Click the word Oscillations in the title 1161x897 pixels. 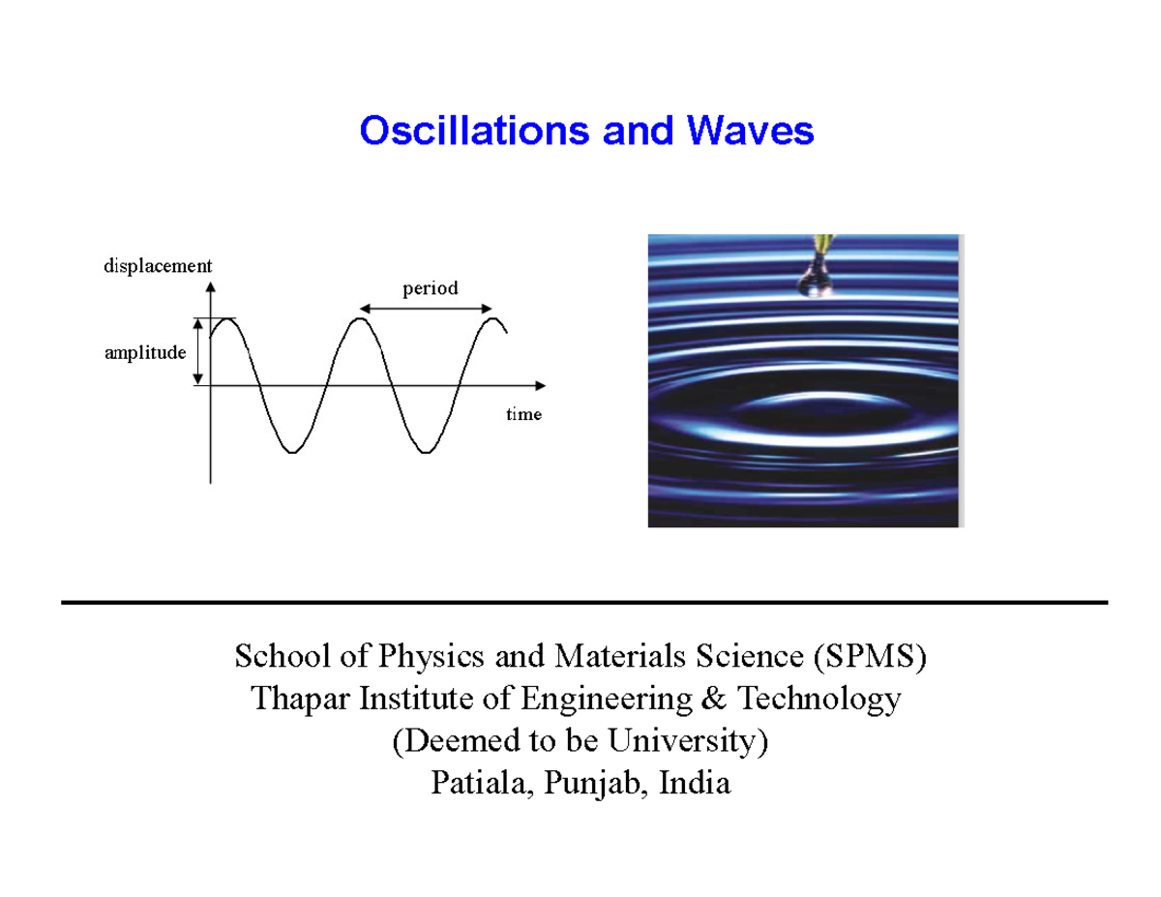476,131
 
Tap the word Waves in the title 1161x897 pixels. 754,131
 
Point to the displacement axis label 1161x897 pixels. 158,265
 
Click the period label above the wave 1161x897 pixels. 430,287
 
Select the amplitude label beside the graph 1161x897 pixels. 144,353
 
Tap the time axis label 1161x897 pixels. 523,414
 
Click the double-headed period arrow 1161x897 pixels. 427,309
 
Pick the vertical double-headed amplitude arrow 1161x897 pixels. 198,352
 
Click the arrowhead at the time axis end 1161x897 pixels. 539,385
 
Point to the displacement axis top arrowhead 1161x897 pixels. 211,286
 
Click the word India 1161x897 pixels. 694,783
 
